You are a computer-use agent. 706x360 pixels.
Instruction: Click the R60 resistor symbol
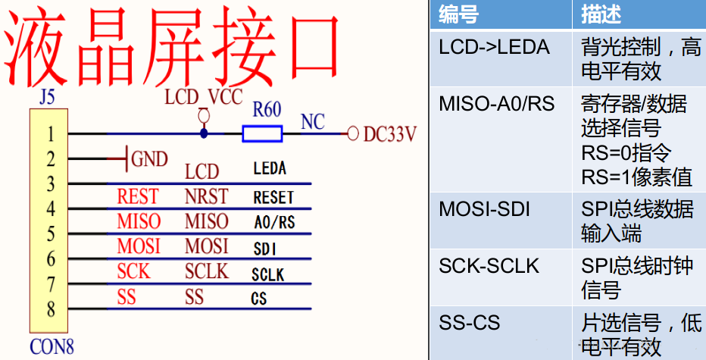click(x=262, y=134)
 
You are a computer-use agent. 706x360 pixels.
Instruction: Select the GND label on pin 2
click(x=149, y=159)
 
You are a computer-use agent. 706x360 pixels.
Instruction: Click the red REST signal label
click(x=138, y=197)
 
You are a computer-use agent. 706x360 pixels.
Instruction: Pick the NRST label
click(x=206, y=197)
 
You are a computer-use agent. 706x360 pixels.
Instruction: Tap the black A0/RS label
click(x=273, y=223)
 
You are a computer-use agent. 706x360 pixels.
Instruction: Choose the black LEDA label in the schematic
click(x=270, y=170)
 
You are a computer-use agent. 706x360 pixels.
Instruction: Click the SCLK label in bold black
click(x=268, y=274)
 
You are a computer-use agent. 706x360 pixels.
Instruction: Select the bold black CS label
click(x=259, y=299)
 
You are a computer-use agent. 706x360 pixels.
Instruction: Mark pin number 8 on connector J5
click(x=51, y=309)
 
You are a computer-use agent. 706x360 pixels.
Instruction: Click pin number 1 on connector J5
click(x=51, y=135)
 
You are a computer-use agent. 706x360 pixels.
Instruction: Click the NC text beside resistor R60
click(x=313, y=122)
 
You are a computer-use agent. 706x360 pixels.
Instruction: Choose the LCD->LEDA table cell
click(x=494, y=48)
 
